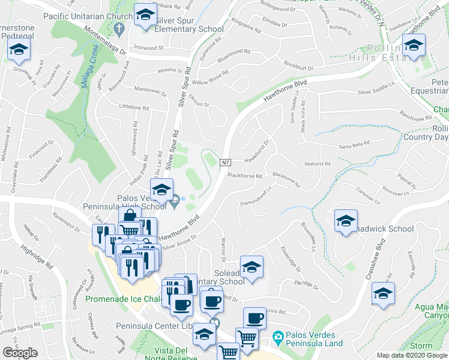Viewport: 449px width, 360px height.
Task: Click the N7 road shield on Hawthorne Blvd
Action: pyautogui.click(x=226, y=163)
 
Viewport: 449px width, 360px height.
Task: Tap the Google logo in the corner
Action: pyautogui.click(x=20, y=352)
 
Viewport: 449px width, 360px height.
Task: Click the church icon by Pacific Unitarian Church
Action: pyautogui.click(x=119, y=28)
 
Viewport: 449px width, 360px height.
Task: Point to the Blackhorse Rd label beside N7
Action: pyautogui.click(x=245, y=176)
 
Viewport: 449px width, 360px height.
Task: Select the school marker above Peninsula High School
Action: pyautogui.click(x=161, y=190)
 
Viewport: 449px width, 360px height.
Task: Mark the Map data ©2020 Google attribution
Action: pyautogui.click(x=412, y=355)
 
